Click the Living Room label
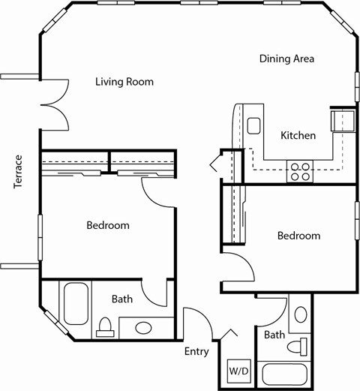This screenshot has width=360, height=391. tap(124, 82)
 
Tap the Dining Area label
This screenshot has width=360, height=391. tap(286, 59)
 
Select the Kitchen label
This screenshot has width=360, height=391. tap(298, 136)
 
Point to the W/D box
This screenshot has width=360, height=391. tap(238, 371)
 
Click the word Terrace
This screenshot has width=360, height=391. tap(19, 172)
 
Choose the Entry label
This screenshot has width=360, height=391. tap(196, 351)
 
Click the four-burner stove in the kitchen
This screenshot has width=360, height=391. tap(300, 172)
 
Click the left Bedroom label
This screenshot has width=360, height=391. tap(107, 225)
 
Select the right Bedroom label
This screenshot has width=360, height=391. tap(298, 236)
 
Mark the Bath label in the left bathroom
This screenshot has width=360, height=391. tap(122, 299)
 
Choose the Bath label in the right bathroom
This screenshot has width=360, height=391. tap(274, 335)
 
